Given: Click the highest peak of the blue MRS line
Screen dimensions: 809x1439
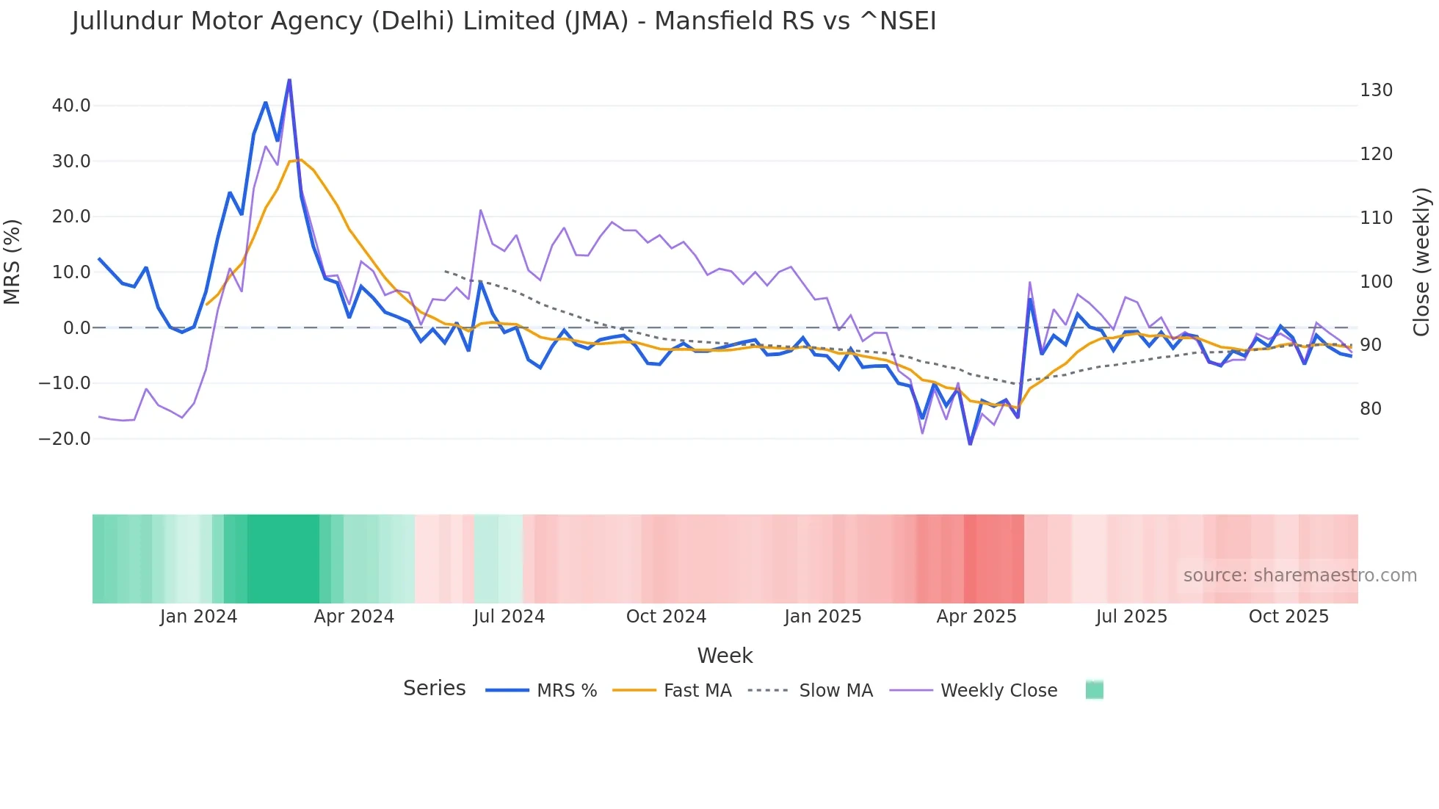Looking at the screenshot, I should coord(289,80).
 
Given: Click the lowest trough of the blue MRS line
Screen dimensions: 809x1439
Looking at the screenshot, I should coord(970,443).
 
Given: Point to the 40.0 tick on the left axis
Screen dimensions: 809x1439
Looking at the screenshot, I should coord(71,106).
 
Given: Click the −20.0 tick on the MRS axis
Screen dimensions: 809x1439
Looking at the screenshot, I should coord(65,439).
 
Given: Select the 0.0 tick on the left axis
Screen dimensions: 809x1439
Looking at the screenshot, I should coord(76,328).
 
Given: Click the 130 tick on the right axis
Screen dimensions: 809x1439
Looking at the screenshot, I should coord(1376,90).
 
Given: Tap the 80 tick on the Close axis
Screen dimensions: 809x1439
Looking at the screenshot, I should coord(1371,409).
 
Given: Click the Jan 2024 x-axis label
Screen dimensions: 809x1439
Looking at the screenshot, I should coord(198,617).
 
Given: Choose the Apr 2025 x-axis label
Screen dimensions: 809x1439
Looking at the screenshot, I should coord(976,617).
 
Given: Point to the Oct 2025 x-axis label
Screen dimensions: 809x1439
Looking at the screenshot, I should coord(1288,617).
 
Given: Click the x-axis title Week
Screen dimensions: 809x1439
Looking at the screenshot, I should coord(725,656).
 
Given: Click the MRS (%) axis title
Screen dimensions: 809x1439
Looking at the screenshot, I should coord(12,261).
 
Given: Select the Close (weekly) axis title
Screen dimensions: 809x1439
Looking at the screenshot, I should coord(1422,261).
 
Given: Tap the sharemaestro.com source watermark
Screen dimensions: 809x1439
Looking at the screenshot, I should coord(1300,576).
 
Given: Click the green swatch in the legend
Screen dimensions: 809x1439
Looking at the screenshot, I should coord(1094,690).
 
